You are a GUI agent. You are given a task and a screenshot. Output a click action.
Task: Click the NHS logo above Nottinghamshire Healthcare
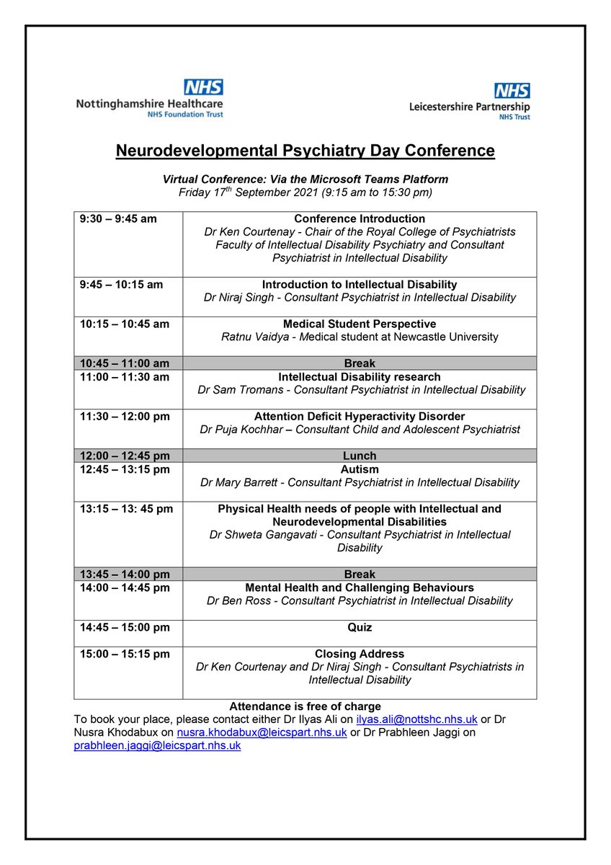[203, 87]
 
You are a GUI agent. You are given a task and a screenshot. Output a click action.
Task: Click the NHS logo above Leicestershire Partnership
[512, 91]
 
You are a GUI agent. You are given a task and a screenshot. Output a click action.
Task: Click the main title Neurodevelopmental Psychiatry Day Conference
[305, 151]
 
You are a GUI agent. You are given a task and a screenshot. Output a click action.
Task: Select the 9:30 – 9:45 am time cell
[118, 219]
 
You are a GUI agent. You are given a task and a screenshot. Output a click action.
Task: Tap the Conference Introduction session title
[360, 219]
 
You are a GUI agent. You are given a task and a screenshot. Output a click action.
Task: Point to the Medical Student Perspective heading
[360, 324]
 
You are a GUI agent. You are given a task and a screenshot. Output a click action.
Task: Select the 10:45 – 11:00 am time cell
[124, 363]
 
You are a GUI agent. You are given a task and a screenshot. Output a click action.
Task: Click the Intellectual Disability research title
[360, 377]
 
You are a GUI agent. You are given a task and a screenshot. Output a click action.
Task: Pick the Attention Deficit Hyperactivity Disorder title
[360, 417]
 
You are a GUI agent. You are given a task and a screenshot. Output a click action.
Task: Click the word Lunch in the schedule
[360, 456]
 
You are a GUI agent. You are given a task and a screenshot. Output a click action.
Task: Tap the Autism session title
[360, 469]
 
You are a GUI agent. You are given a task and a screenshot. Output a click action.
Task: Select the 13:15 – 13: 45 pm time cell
[126, 509]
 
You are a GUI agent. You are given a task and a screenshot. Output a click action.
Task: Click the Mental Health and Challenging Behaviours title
[360, 588]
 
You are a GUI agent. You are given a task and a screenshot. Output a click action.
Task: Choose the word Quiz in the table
[360, 628]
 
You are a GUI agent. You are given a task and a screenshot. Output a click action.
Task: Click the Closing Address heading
[360, 655]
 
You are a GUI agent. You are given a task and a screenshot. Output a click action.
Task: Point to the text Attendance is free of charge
[305, 706]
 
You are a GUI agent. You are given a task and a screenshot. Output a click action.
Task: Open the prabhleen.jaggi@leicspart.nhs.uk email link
[157, 746]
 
